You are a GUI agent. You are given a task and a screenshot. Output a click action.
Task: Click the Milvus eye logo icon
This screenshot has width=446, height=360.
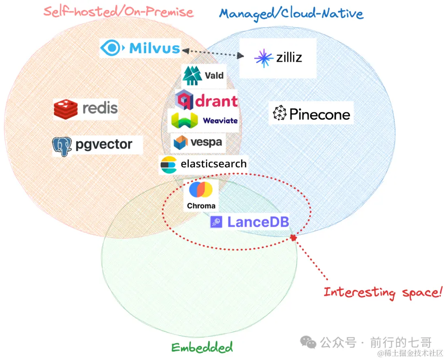coord(111,48)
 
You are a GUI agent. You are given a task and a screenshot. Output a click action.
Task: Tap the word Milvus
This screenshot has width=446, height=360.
coord(154,48)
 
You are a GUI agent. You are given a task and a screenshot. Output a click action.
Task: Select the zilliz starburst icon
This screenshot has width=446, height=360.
coord(263,58)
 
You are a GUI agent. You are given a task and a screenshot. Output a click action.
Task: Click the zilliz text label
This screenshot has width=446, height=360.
coord(289,57)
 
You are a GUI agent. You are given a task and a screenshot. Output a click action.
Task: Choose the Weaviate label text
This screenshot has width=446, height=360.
coord(220,121)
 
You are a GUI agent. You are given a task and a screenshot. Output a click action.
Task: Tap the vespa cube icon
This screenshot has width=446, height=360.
coord(181,142)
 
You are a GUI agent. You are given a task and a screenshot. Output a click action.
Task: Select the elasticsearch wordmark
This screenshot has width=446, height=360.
coord(213,164)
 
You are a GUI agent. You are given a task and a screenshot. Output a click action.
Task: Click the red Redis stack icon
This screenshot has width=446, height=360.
coord(66,108)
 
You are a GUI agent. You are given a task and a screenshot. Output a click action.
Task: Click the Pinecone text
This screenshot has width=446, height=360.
coord(320,114)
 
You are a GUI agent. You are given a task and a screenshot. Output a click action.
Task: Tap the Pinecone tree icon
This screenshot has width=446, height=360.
coord(280,113)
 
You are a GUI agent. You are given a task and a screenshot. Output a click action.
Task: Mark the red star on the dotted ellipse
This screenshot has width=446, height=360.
coord(293,238)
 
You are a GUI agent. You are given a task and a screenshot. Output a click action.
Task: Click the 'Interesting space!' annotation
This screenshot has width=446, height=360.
coord(382,292)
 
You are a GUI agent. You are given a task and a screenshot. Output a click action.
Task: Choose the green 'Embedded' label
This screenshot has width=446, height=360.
coord(202,347)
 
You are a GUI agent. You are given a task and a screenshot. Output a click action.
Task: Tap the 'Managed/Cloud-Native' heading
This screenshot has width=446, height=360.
coord(291,14)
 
